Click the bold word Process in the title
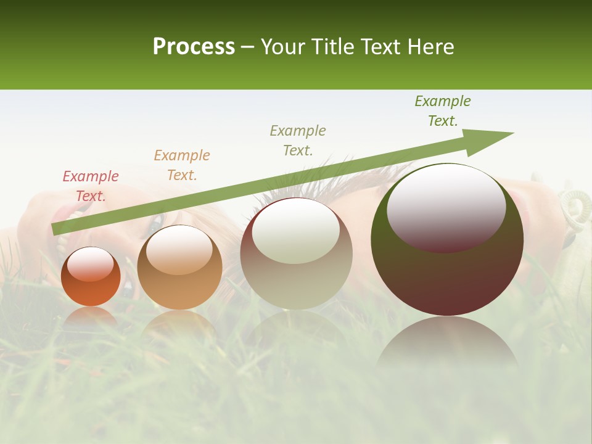click(194, 47)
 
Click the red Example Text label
click(91, 186)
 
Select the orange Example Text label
click(182, 165)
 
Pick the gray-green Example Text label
click(298, 141)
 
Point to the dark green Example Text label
click(443, 111)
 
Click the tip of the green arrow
click(512, 133)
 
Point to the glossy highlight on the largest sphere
click(446, 207)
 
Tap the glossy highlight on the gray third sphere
click(296, 231)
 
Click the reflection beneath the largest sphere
click(447, 342)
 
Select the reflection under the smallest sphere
click(91, 318)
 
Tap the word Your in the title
click(283, 47)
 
